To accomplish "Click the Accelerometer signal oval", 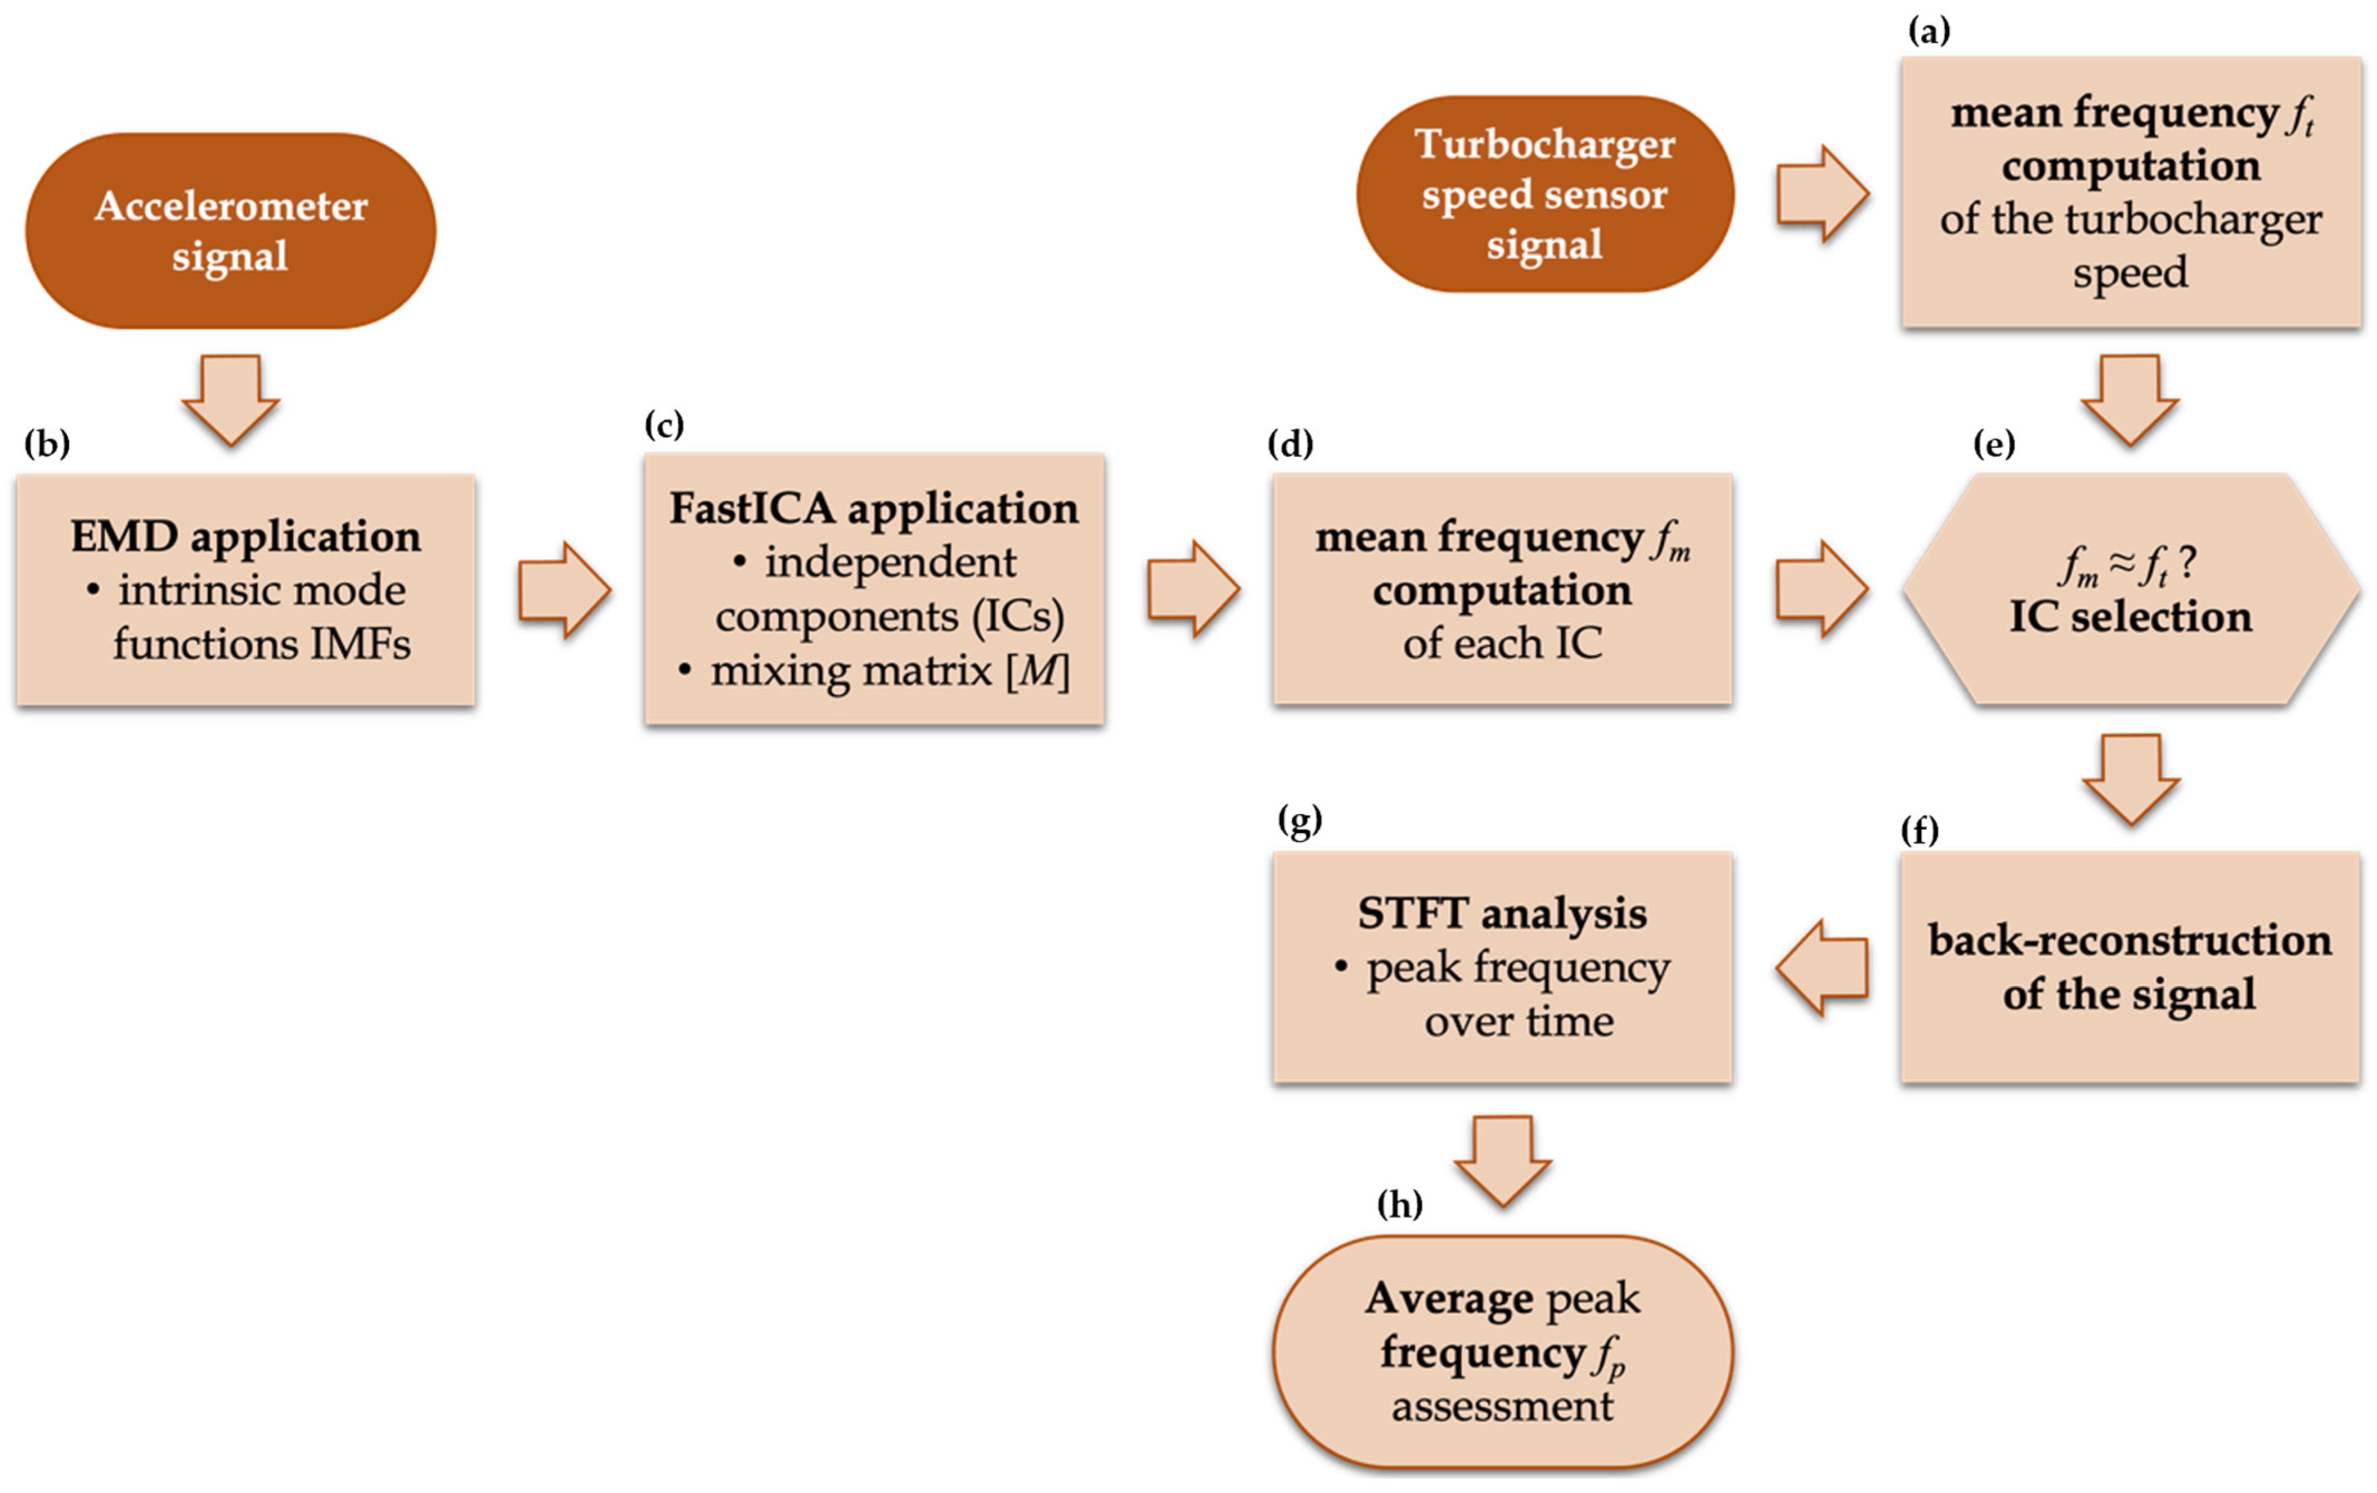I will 230,231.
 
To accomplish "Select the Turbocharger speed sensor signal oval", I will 1544,194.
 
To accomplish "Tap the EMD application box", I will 246,590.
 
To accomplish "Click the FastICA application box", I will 874,589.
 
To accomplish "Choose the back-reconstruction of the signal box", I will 2129,967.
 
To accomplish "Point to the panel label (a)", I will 1928,32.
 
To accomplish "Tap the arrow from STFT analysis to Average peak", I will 1502,1160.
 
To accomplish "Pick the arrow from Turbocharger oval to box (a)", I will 1822,194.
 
